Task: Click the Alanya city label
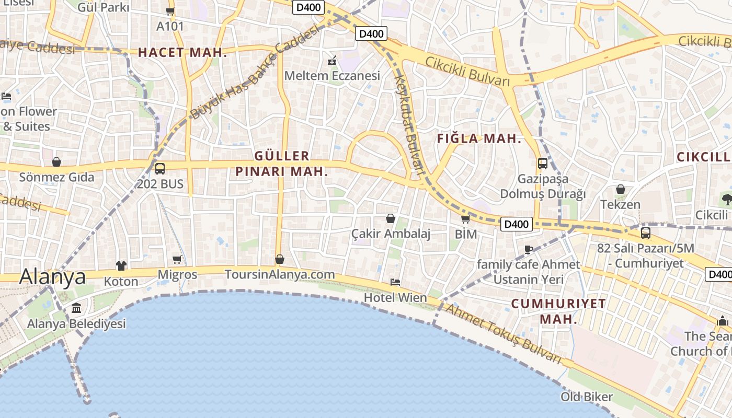click(52, 277)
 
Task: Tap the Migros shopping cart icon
click(177, 260)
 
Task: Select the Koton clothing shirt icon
click(121, 266)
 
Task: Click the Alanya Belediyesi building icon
click(76, 308)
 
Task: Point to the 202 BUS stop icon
click(160, 169)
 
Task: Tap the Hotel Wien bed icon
click(395, 282)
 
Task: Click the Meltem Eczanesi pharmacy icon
click(331, 61)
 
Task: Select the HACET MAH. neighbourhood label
click(182, 52)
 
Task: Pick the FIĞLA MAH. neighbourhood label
click(479, 138)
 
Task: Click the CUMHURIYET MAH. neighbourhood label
click(558, 311)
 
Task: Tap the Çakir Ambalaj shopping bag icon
click(390, 218)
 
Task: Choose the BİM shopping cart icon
click(465, 219)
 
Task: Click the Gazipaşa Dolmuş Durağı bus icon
click(543, 164)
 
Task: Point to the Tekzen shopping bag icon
click(620, 189)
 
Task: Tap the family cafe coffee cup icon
click(528, 249)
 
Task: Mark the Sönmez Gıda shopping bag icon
click(56, 162)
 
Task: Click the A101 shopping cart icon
click(170, 11)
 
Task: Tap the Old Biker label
click(587, 397)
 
